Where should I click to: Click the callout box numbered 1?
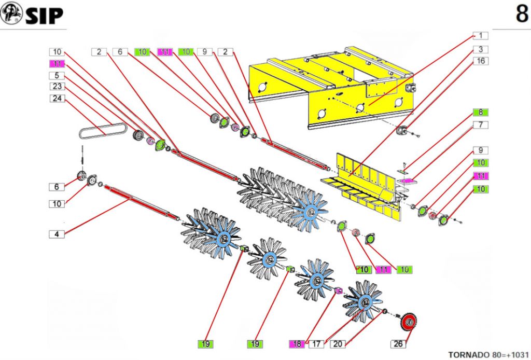pos(481,36)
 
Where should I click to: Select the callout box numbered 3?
pos(481,49)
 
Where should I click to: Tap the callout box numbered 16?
pos(481,61)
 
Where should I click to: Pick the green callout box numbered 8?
pos(481,112)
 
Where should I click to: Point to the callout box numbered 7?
pos(481,125)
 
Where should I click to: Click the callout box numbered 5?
pos(57,75)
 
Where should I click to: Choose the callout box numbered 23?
pos(57,87)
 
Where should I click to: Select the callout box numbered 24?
pos(57,98)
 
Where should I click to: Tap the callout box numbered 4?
pos(57,234)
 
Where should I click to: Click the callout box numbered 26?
pos(398,343)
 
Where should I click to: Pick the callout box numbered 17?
pos(317,343)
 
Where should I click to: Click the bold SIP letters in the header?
pos(44,16)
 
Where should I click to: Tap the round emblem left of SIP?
pos(12,13)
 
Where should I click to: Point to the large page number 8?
pos(521,15)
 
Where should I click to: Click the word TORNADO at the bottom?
pos(468,355)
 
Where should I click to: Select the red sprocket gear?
pos(410,324)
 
